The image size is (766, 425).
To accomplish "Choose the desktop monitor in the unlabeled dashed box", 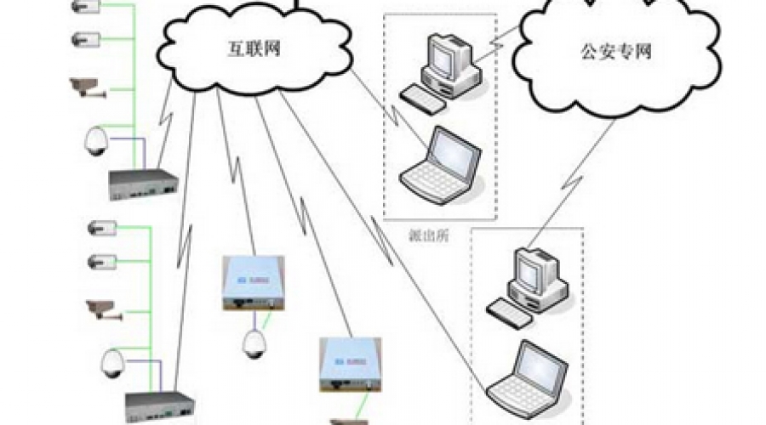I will (x=537, y=271).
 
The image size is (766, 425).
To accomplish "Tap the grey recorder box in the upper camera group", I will (x=143, y=183).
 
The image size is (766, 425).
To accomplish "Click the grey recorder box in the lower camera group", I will (x=160, y=407).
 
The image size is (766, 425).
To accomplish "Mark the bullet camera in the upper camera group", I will (x=84, y=86).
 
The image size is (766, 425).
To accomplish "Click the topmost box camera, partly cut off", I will (x=86, y=8).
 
